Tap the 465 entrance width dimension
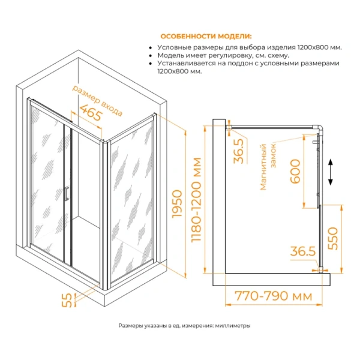coord(86,112)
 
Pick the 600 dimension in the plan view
coord(295,174)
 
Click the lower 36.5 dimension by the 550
coord(304,251)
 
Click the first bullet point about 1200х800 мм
coord(250,47)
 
